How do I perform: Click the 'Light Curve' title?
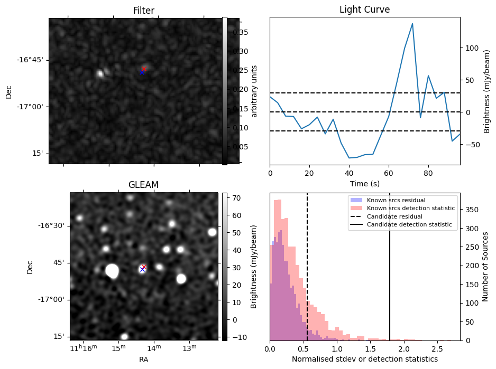tap(364, 10)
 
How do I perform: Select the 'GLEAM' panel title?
tap(143, 185)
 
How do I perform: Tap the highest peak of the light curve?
tap(412, 24)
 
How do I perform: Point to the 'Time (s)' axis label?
tap(364, 183)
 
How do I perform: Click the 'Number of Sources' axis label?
tap(485, 267)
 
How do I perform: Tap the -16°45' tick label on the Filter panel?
tap(30, 60)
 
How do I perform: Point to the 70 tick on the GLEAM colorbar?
tap(234, 198)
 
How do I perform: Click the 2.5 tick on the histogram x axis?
tap(437, 349)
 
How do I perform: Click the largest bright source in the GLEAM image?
tap(112, 271)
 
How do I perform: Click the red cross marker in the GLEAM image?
tap(144, 267)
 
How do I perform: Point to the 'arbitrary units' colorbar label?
tap(254, 91)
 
